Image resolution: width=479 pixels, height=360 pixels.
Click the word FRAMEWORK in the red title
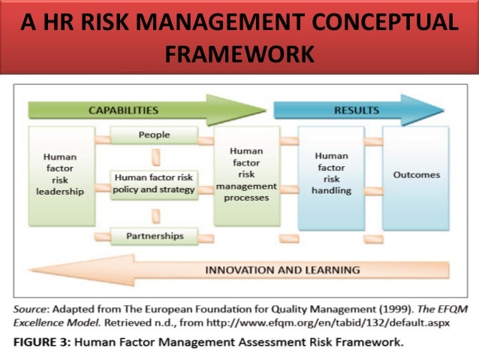coord(239,55)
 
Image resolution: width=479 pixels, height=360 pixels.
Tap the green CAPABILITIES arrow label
coord(123,110)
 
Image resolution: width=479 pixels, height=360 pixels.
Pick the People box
coord(154,135)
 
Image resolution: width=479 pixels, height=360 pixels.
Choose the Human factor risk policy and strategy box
coord(154,183)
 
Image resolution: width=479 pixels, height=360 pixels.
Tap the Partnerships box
coord(154,235)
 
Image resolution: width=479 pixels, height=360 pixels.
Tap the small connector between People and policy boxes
coord(155,158)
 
